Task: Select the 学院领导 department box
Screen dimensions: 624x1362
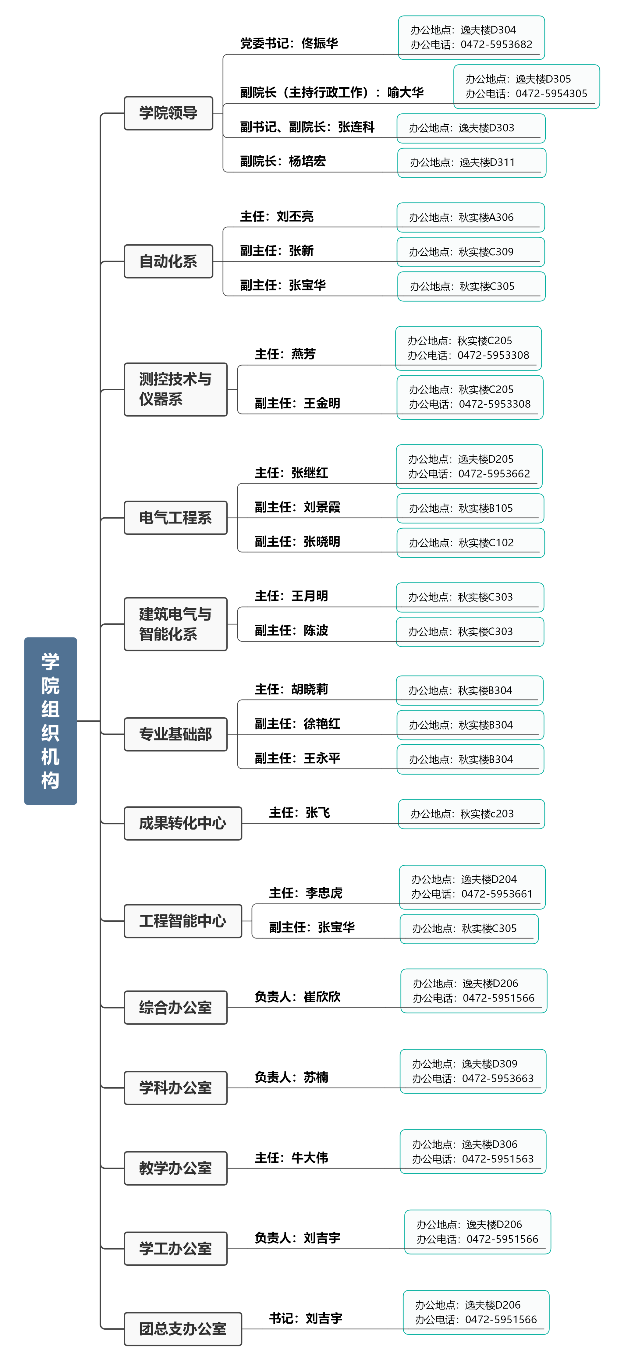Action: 168,113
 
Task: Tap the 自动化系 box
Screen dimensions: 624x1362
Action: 168,261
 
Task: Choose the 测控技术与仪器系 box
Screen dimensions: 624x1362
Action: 175,389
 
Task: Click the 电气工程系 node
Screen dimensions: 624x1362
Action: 175,518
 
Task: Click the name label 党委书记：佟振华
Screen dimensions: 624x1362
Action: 289,43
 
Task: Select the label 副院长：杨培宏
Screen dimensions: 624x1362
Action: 283,161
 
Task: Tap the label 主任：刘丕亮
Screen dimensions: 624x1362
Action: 277,216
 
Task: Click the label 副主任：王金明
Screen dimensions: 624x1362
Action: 297,403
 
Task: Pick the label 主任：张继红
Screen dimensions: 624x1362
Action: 291,473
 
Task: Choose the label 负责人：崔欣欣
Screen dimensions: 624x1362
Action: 297,997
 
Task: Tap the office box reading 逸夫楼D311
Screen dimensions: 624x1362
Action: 472,163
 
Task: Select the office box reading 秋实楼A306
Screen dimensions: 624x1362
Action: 471,217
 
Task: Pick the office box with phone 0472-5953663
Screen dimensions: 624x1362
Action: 473,1071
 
